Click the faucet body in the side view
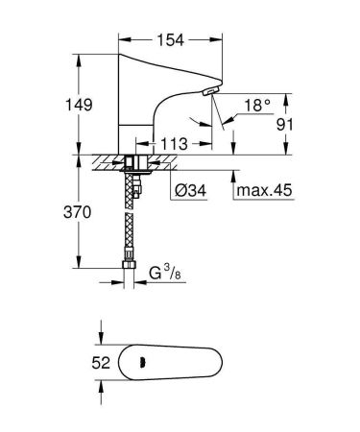[x=144, y=106]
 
